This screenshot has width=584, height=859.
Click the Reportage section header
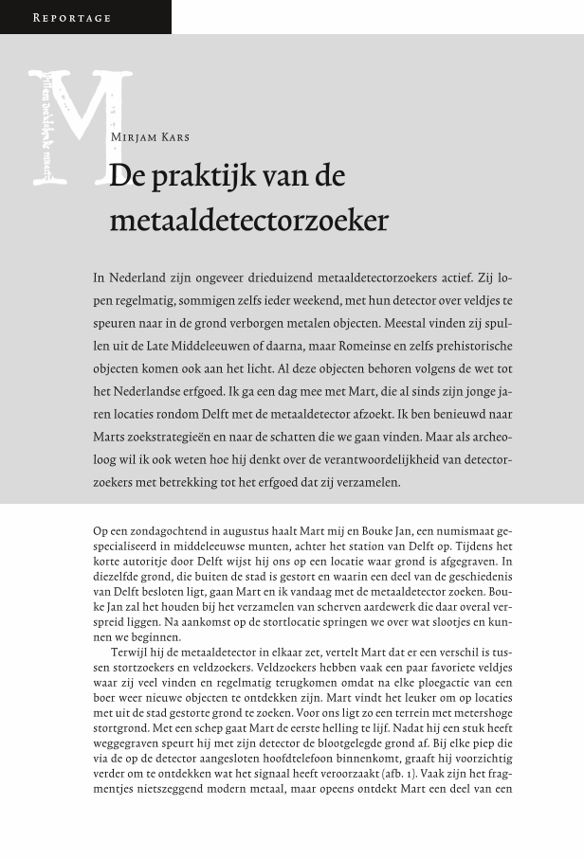pyautogui.click(x=72, y=18)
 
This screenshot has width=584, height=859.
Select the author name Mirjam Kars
pyautogui.click(x=150, y=137)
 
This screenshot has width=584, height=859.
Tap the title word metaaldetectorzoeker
pyautogui.click(x=248, y=221)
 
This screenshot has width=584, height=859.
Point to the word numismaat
pyautogui.click(x=459, y=531)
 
